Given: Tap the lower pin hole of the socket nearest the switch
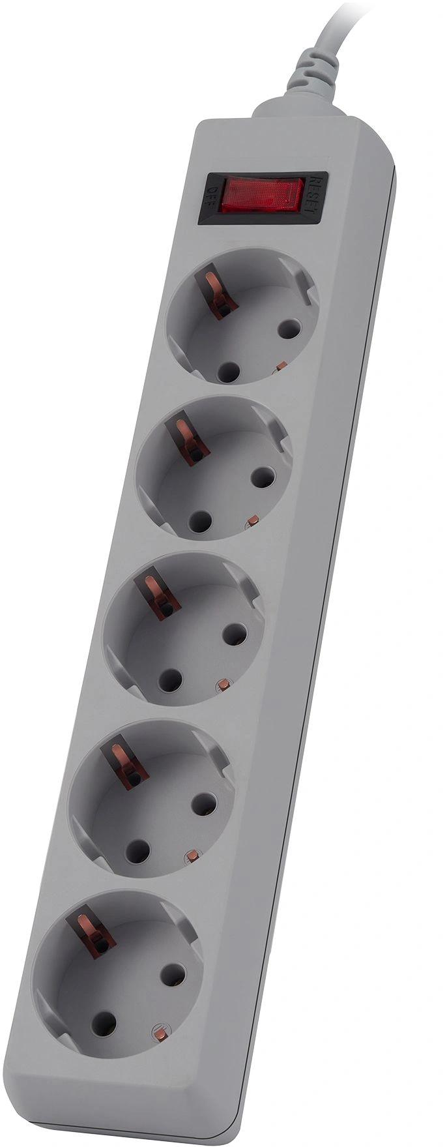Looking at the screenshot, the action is [x=227, y=372].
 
